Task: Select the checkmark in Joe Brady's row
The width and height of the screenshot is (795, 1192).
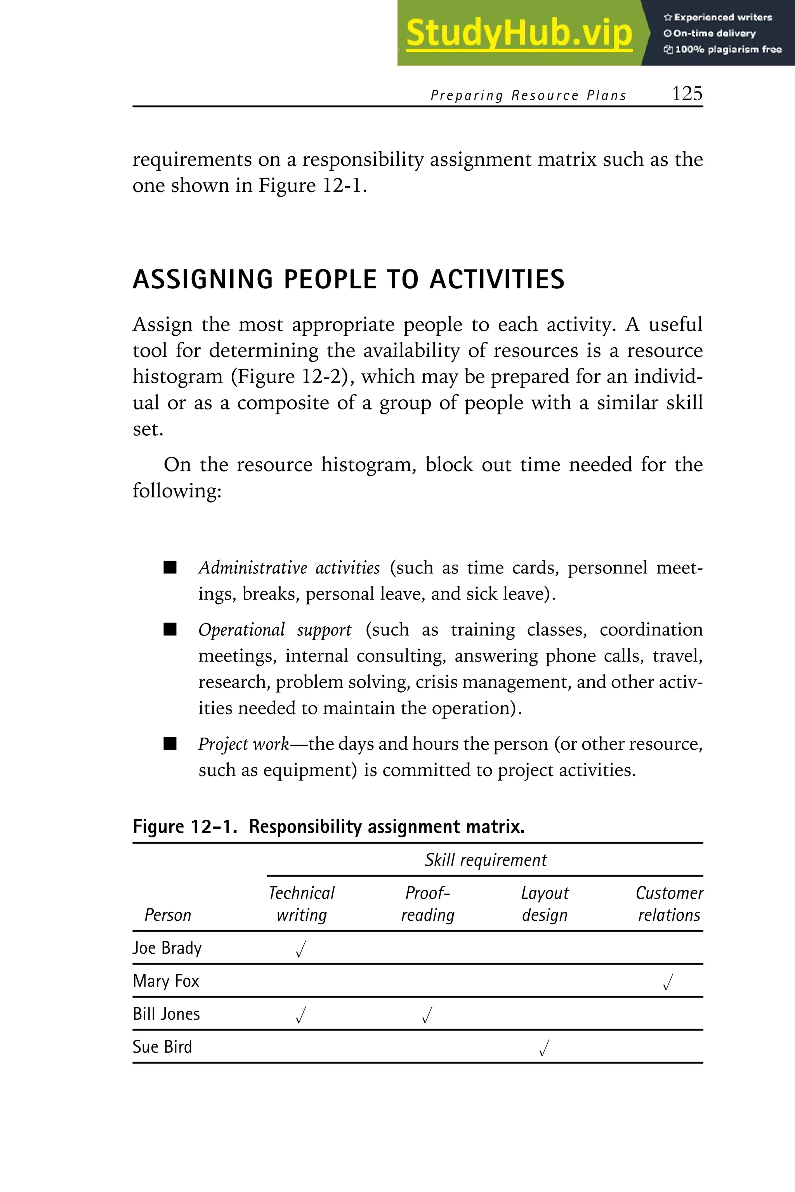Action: coord(301,949)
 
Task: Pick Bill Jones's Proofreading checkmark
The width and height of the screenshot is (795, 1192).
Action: coord(427,1015)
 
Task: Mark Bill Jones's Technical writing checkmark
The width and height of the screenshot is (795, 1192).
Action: coord(301,1015)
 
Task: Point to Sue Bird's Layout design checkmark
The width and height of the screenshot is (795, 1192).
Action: coord(544,1048)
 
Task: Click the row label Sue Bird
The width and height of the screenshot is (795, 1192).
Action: coord(162,1047)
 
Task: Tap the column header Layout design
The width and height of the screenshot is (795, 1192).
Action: coord(545,904)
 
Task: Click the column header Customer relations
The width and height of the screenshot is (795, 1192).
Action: coord(669,904)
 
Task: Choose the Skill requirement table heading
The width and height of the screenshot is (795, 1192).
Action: coord(485,860)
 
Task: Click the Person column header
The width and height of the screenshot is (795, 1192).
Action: coord(168,915)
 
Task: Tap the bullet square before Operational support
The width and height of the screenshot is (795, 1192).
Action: coord(170,629)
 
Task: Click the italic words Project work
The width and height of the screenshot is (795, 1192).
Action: coord(243,744)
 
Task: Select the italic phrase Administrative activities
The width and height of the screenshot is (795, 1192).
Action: coord(289,568)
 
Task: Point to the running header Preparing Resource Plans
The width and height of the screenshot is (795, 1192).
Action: coord(528,95)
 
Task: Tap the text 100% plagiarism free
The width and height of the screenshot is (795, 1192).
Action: coord(727,50)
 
